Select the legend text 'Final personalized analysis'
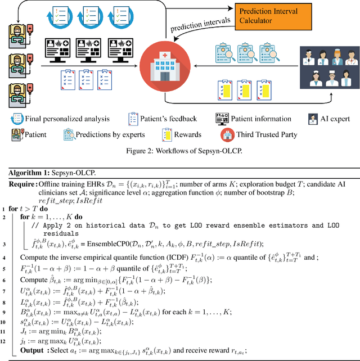point(60,119)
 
